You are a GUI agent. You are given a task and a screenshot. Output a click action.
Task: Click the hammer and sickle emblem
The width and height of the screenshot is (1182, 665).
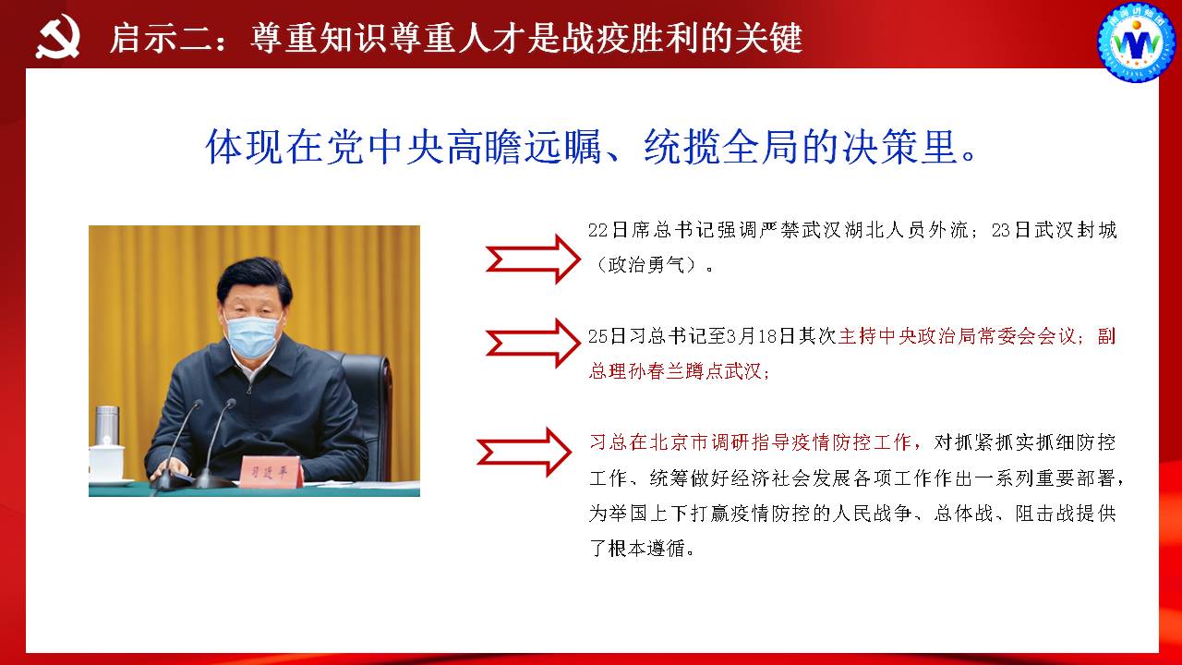tap(58, 36)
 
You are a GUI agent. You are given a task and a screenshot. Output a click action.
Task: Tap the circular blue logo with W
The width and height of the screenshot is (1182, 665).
tap(1137, 42)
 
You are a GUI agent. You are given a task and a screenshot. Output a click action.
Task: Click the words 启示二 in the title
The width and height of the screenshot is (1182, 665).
tap(161, 38)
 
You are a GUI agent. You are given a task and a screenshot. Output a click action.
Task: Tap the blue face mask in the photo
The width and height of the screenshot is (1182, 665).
tap(252, 337)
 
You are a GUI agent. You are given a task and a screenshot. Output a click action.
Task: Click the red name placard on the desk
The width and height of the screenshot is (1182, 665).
tap(271, 472)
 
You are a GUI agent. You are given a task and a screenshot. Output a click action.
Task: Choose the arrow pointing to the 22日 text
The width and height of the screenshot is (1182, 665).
tap(533, 260)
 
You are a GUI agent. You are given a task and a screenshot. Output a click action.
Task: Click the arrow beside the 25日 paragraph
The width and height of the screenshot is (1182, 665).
tap(533, 343)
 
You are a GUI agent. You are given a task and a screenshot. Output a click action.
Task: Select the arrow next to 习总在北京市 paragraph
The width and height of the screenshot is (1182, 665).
tap(524, 453)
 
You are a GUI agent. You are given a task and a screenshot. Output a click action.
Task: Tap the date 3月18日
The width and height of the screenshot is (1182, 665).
tap(760, 336)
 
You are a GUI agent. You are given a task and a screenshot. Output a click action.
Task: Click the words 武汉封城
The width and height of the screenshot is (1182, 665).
tap(1076, 230)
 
